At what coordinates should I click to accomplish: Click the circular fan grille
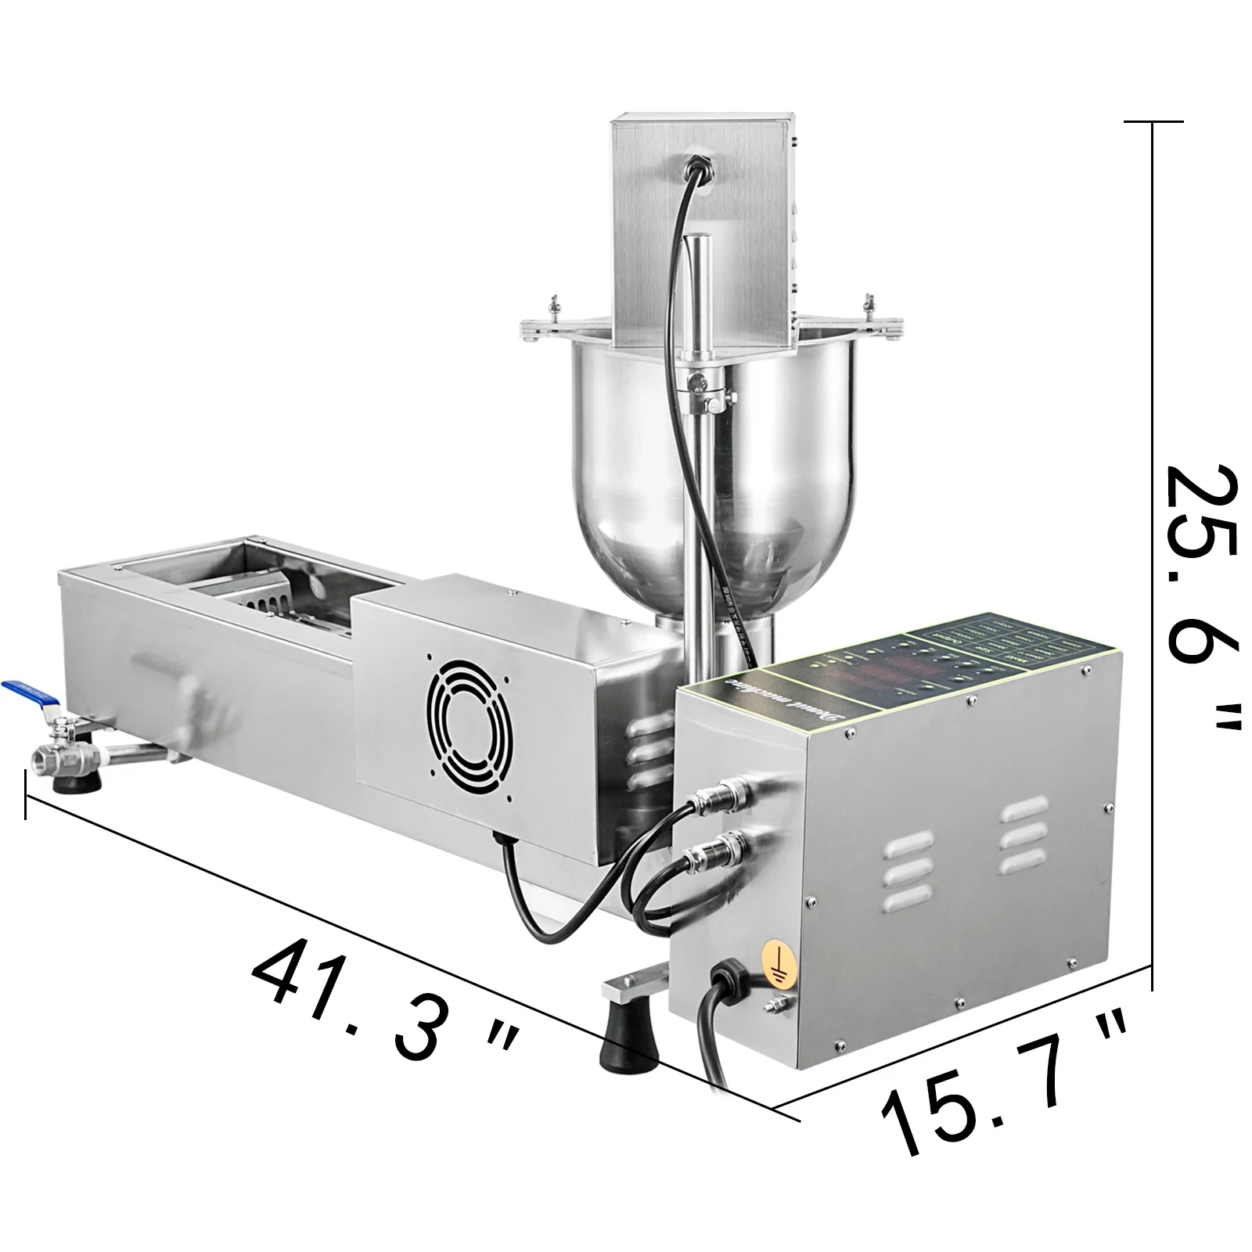(466, 718)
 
